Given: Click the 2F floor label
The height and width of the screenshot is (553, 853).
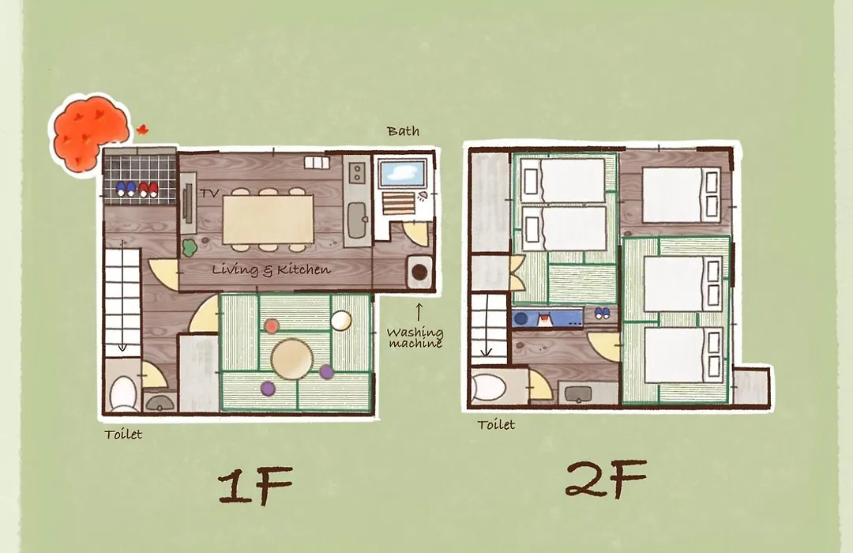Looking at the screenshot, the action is pos(606,479).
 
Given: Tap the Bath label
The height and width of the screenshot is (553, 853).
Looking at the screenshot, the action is pos(403,130).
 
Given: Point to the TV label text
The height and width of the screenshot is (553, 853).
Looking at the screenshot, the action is pos(209,194).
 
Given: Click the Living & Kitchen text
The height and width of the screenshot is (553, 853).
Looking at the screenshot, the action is pos(271,269).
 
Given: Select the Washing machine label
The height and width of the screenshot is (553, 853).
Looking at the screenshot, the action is pos(415,337).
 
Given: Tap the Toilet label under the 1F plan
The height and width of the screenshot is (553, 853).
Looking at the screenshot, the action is pos(123,434).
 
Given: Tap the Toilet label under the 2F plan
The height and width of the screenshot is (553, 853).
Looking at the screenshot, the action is pos(496,424).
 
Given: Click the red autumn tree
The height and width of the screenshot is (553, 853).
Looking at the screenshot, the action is pos(91,134).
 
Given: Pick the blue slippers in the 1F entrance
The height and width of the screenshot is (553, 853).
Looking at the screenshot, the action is pos(126,189).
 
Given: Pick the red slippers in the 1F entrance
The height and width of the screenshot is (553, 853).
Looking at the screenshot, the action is pos(148,190).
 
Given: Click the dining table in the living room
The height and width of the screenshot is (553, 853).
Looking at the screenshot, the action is pos(269,220).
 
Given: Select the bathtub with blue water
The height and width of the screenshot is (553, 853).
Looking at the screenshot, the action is pos(403,173).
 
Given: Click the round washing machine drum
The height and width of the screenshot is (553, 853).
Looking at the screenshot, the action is pos(419,270).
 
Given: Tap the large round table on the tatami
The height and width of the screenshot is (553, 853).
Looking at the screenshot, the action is pos(292,359).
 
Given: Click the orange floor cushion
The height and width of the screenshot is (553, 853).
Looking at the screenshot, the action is pos(272,326).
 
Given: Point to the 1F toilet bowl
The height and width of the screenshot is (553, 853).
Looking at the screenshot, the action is pos(123,393).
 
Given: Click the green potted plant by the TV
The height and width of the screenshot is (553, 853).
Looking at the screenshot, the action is pos(189,248).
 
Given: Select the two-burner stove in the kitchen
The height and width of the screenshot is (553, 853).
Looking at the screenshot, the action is pos(357,172).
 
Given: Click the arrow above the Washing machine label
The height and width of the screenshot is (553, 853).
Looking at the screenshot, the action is pos(419,312).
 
